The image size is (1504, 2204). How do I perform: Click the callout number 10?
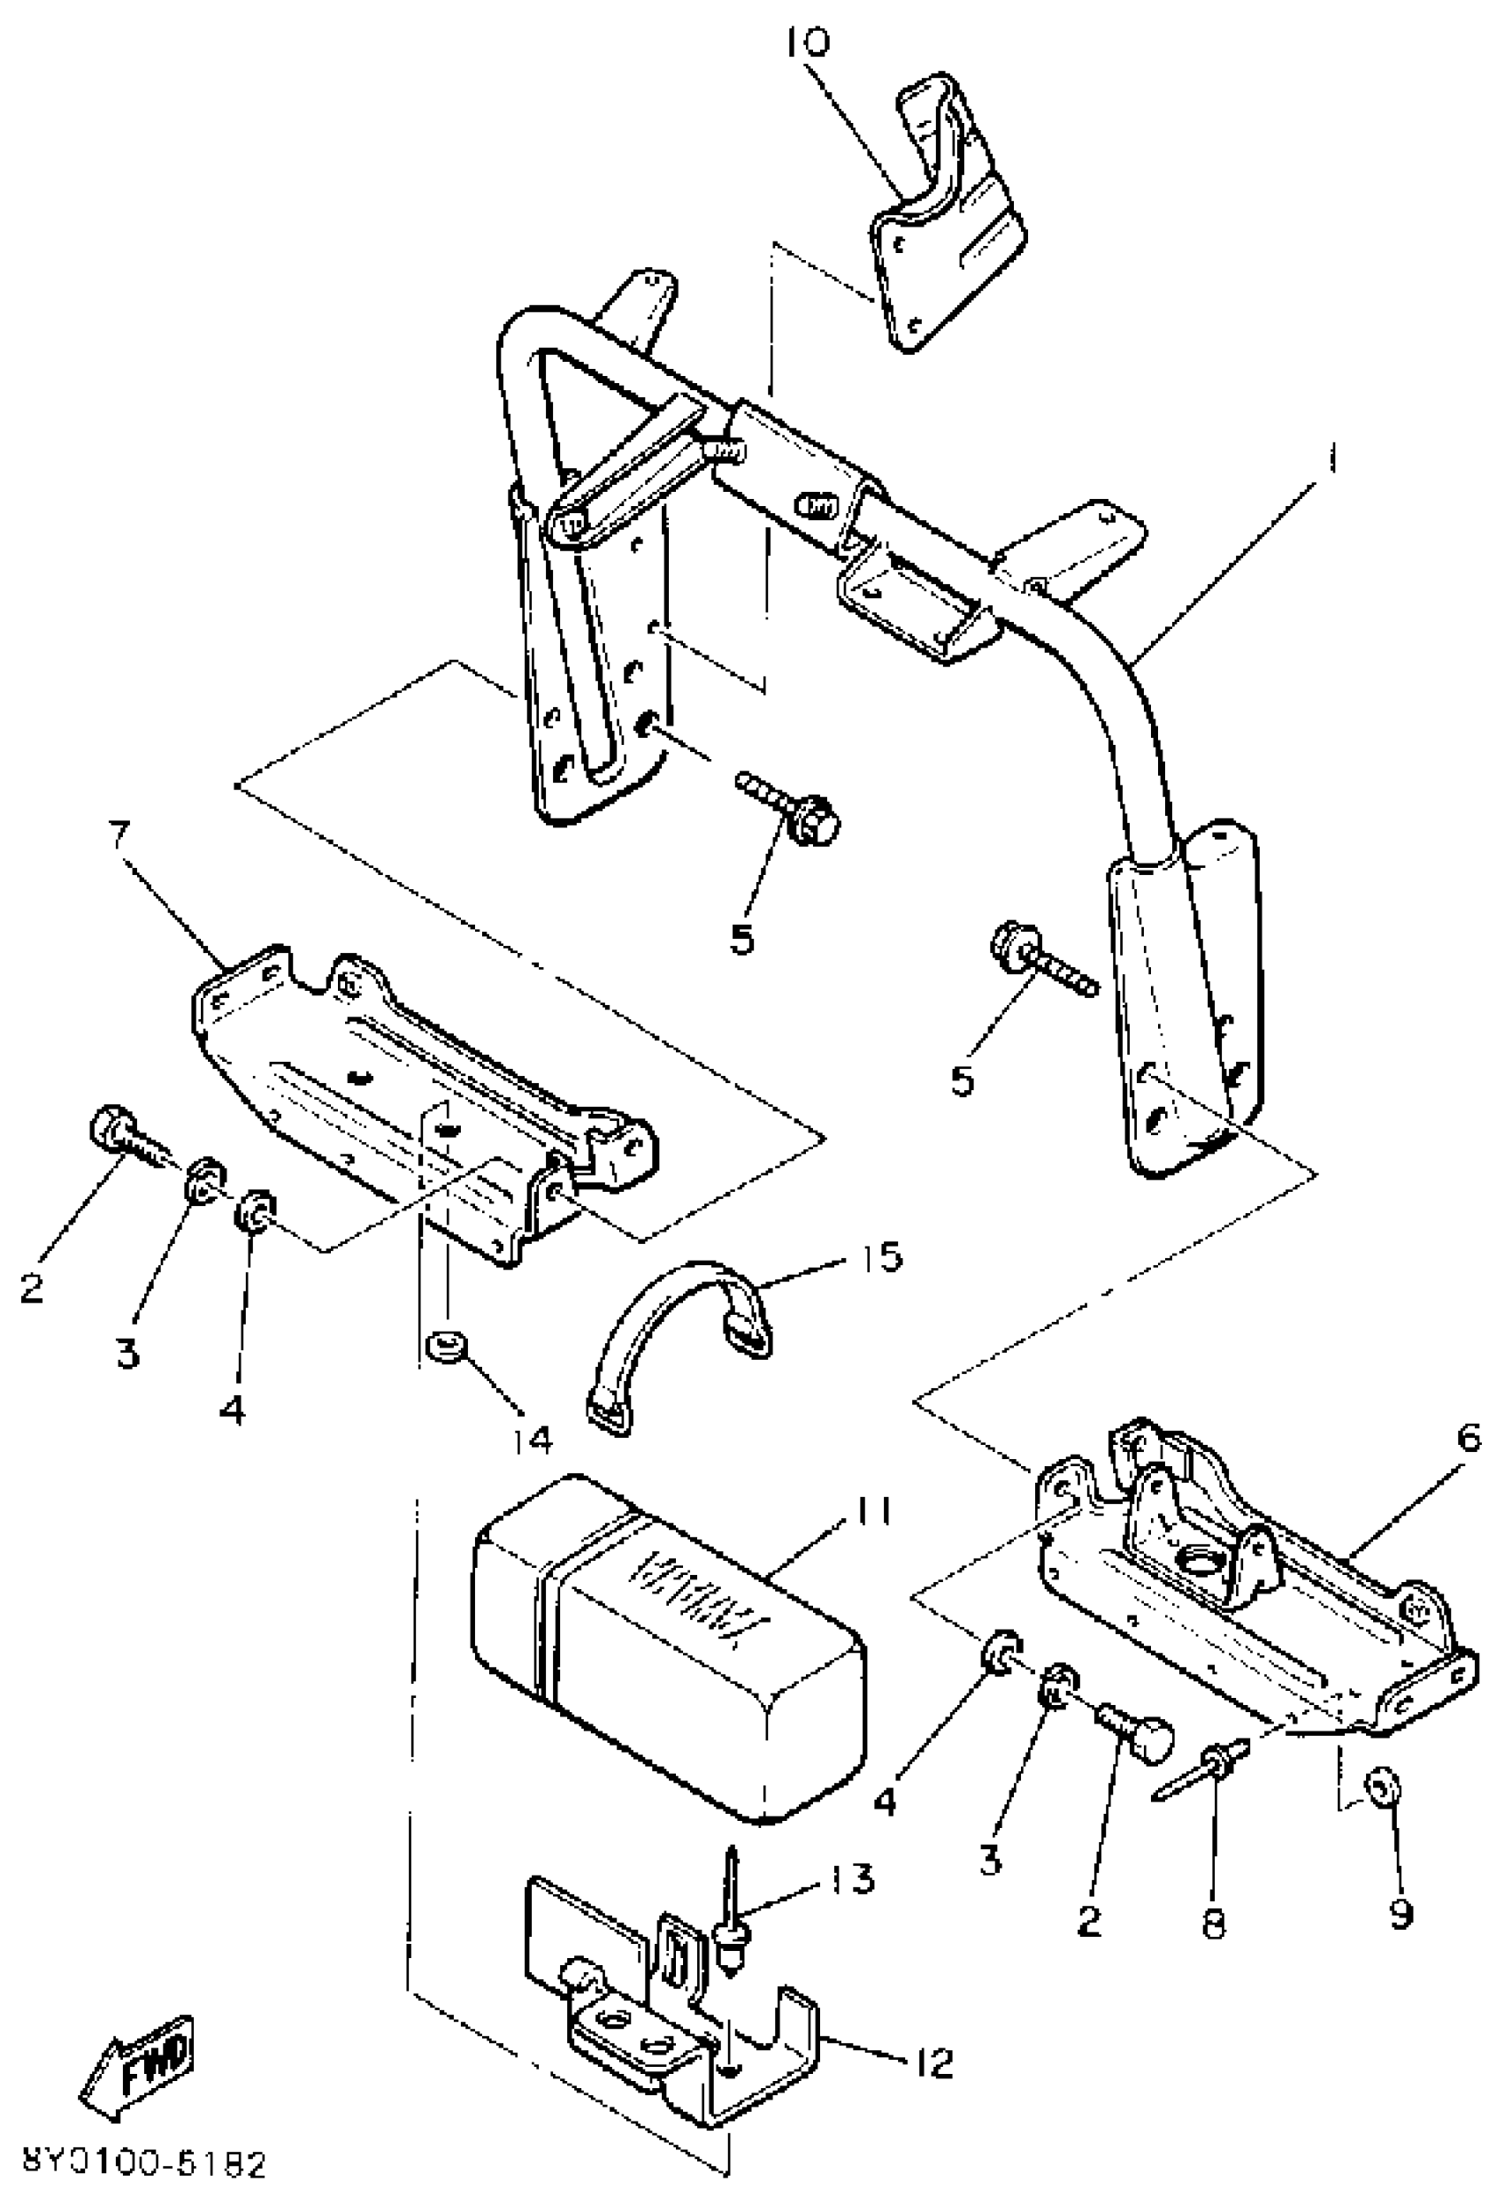(x=807, y=43)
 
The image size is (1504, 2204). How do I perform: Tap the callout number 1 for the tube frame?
(x=1332, y=462)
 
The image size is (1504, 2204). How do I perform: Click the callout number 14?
(x=531, y=1440)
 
